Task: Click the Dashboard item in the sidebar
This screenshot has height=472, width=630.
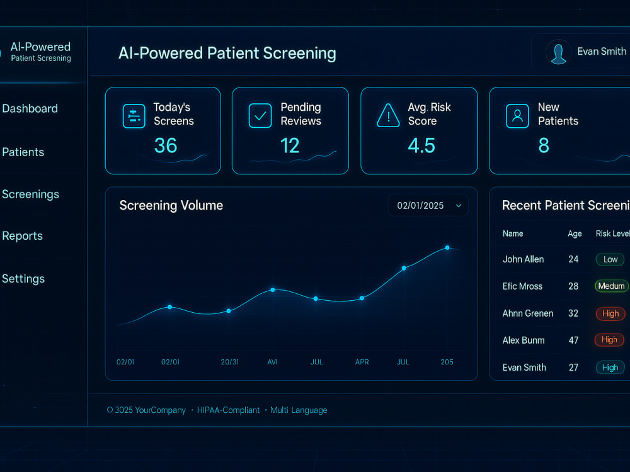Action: pyautogui.click(x=30, y=108)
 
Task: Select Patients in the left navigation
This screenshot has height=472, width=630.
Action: pyautogui.click(x=23, y=152)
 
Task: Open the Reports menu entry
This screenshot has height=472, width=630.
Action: pyautogui.click(x=22, y=235)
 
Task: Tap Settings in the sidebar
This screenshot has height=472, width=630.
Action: pyautogui.click(x=23, y=279)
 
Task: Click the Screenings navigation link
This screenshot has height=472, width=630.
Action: pyautogui.click(x=30, y=194)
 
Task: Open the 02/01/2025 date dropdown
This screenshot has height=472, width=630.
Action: pyautogui.click(x=428, y=206)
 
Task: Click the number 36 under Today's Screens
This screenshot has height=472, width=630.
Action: pyautogui.click(x=166, y=145)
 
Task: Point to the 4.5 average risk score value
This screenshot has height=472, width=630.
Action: pyautogui.click(x=421, y=145)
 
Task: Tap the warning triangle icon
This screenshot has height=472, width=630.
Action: pyautogui.click(x=388, y=116)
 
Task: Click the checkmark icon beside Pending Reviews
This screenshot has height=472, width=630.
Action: pyautogui.click(x=260, y=116)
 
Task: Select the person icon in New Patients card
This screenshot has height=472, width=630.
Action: pyautogui.click(x=517, y=116)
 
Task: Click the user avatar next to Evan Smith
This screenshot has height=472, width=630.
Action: pyautogui.click(x=558, y=52)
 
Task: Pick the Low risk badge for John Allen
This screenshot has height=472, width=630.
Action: pyautogui.click(x=610, y=259)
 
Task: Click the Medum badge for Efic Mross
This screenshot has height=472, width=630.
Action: pyautogui.click(x=611, y=286)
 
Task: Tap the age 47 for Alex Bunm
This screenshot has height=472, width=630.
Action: pyautogui.click(x=573, y=340)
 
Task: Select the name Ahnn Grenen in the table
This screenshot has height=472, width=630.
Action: pyautogui.click(x=528, y=313)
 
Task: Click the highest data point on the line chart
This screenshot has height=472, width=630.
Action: pyautogui.click(x=447, y=247)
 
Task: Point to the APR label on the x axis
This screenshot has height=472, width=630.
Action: pyautogui.click(x=362, y=362)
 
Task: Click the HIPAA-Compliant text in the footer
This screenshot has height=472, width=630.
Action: pyautogui.click(x=228, y=410)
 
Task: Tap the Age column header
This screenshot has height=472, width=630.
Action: pyautogui.click(x=575, y=234)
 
